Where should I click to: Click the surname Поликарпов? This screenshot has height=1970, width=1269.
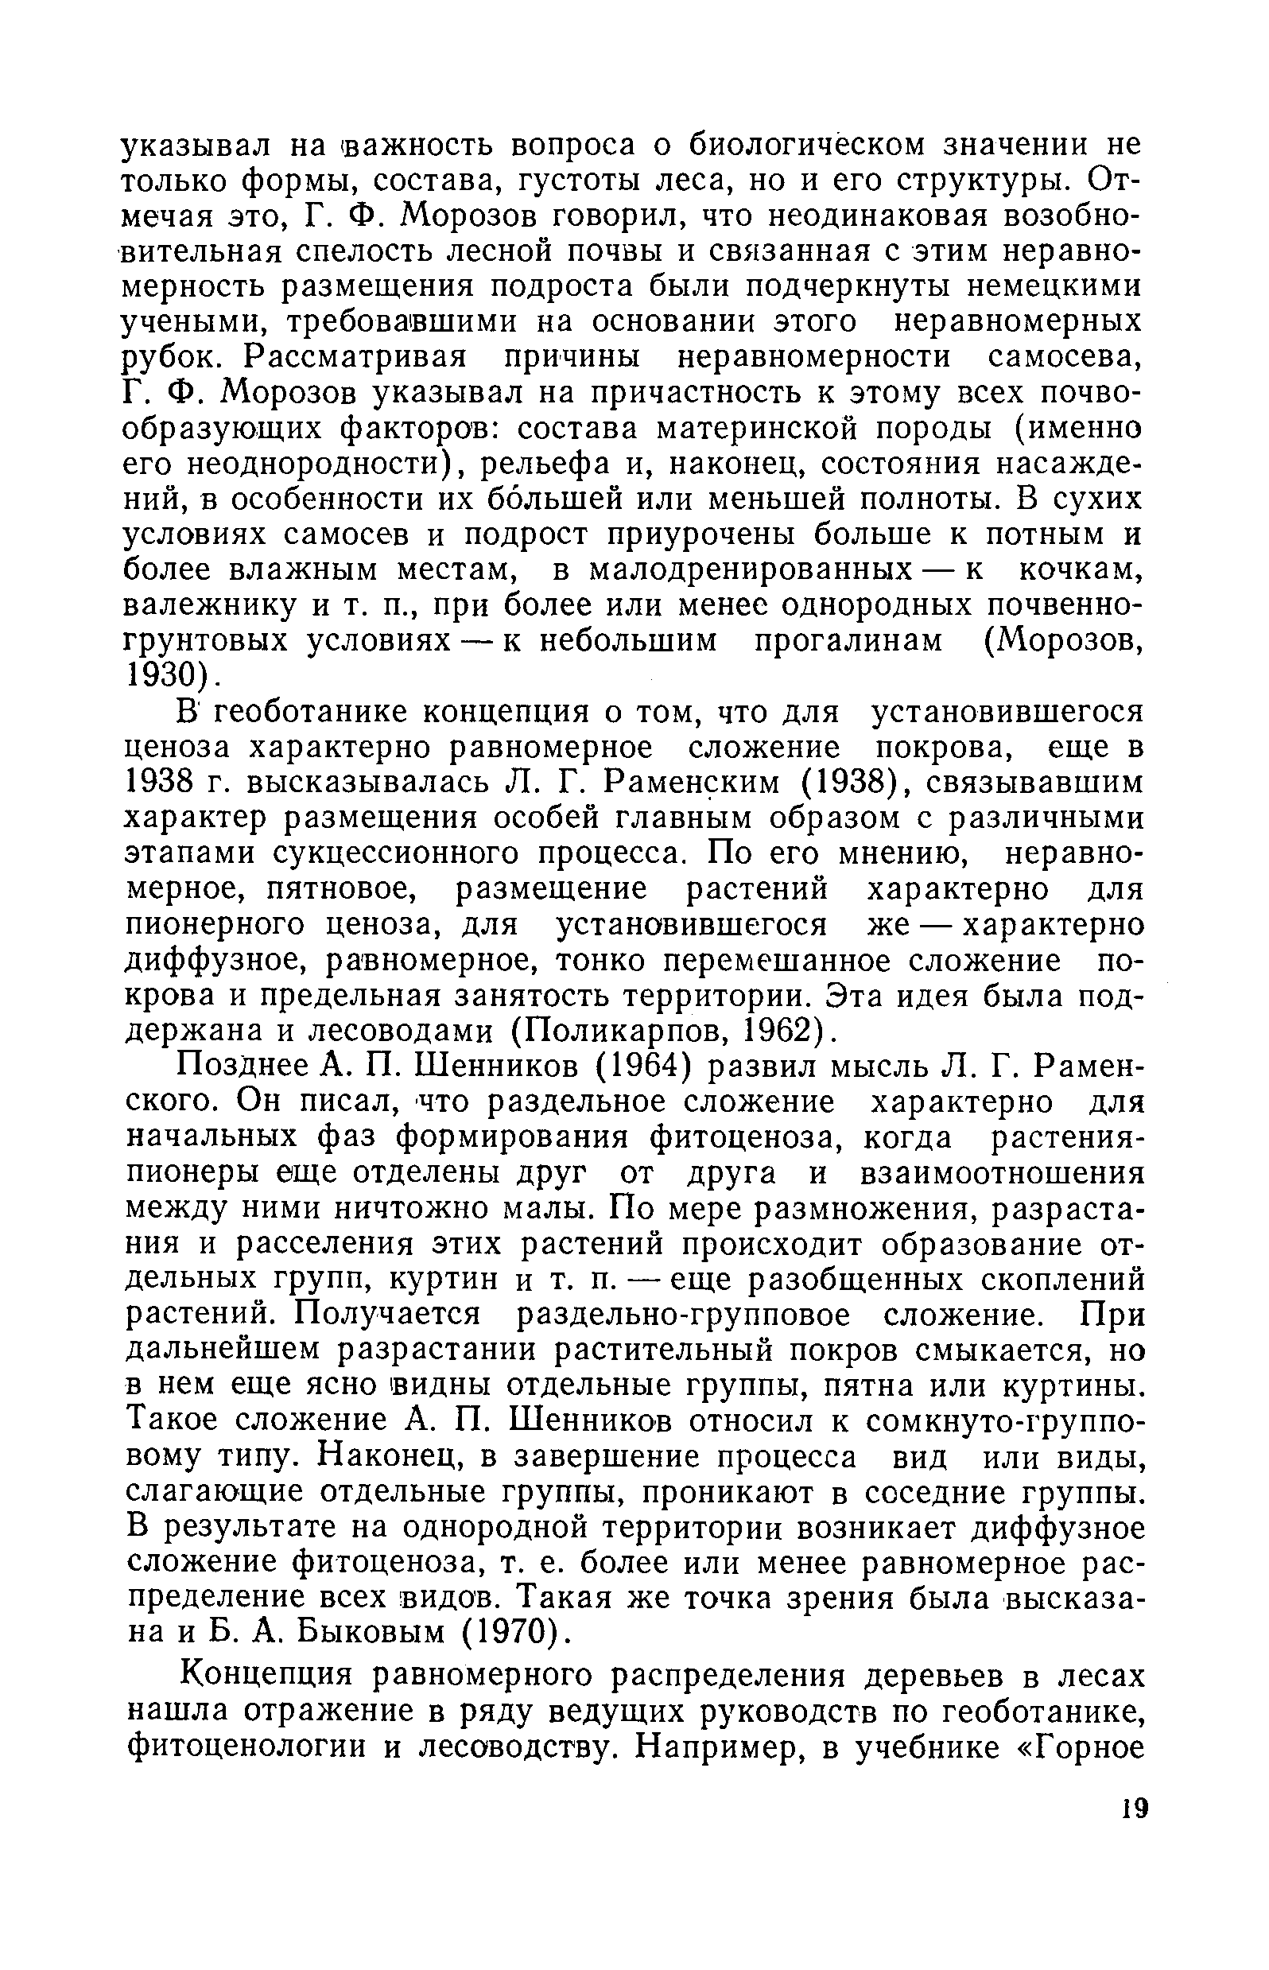coord(626,1031)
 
